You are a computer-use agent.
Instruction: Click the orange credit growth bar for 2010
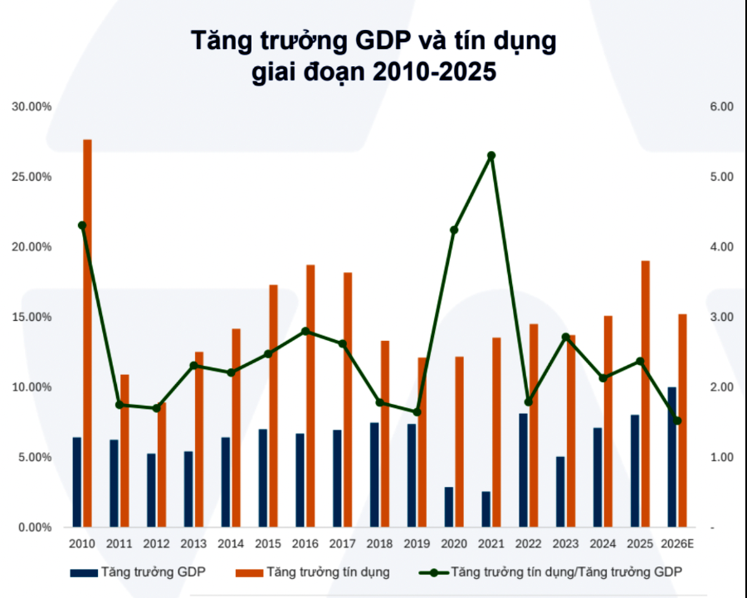[x=87, y=332]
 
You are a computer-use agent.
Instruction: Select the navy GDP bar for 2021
[x=486, y=508]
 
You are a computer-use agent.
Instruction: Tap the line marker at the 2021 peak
[x=491, y=156]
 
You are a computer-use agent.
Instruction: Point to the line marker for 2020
[x=454, y=230]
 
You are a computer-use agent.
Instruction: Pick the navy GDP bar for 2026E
[x=671, y=456]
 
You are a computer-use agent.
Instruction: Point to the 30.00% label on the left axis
[x=32, y=107]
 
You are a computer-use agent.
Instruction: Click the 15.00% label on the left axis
[x=32, y=317]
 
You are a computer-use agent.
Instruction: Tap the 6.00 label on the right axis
[x=721, y=107]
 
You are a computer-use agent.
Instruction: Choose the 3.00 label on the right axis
[x=721, y=317]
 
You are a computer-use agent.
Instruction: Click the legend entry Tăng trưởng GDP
[x=153, y=572]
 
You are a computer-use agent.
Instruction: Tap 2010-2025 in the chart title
[x=433, y=72]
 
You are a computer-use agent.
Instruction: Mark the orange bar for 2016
[x=310, y=396]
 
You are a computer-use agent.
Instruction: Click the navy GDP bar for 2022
[x=523, y=469]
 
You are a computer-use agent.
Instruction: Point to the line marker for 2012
[x=156, y=408]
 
